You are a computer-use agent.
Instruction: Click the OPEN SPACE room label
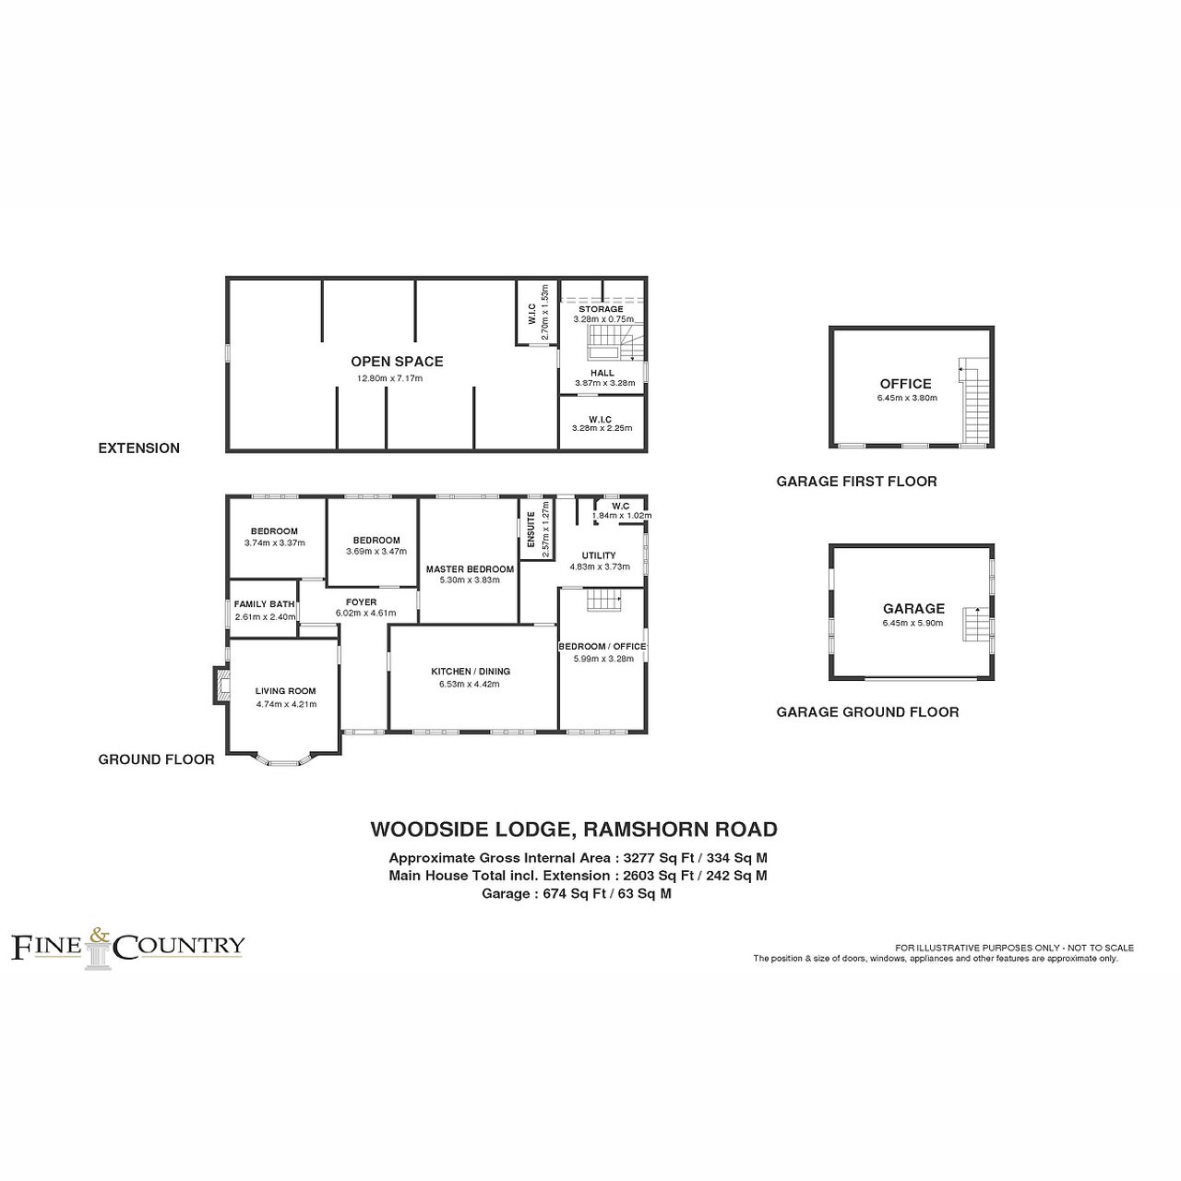coord(397,362)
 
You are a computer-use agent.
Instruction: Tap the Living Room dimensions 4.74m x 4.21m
coord(286,704)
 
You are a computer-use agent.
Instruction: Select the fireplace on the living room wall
coord(221,686)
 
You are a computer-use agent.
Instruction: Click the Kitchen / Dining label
coord(471,671)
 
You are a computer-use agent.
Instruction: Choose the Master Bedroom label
coord(470,569)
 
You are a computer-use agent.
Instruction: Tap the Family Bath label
coord(264,604)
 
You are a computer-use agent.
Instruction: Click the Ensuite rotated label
coord(531,530)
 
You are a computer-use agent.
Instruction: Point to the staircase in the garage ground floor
coord(975,624)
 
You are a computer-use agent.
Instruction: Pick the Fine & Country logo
coord(128,948)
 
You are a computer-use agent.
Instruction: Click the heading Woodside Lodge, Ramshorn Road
coord(574,829)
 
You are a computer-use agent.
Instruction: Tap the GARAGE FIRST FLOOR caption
coord(857,482)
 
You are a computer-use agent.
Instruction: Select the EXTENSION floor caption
coord(139,448)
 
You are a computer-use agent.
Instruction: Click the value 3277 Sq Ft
coord(655,858)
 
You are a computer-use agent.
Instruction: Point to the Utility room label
coord(599,555)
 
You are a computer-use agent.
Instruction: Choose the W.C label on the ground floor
coord(621,507)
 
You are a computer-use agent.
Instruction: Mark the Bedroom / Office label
coord(602,647)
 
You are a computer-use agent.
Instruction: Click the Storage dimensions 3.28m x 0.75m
coord(603,319)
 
